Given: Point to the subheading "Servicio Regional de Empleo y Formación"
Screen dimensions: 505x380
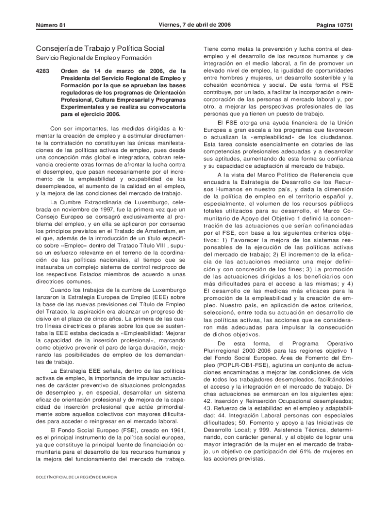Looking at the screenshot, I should (x=89, y=59).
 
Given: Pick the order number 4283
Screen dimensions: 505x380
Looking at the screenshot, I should (x=43, y=71).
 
